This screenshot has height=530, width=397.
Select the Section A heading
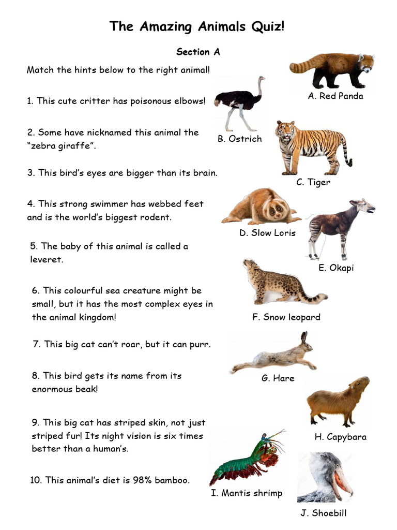[x=198, y=52]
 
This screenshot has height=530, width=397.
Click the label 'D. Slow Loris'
[x=267, y=233]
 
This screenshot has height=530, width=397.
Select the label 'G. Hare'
[x=278, y=378]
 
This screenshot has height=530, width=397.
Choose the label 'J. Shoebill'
[x=324, y=513]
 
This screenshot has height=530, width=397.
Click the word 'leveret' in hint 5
[x=47, y=260]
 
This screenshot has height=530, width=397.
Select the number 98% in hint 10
[x=131, y=480]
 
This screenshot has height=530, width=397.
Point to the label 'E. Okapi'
[x=336, y=268]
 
